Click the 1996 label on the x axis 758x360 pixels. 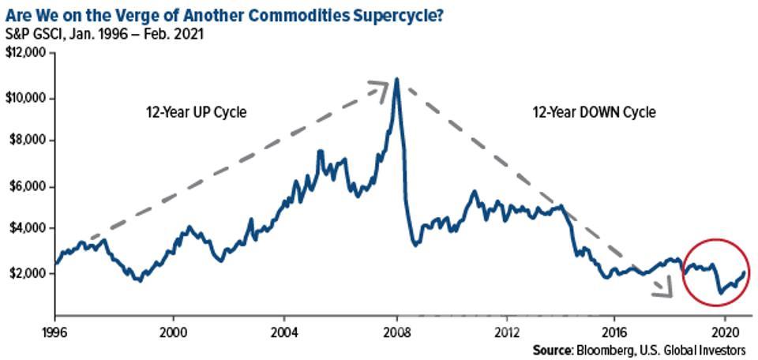point(56,331)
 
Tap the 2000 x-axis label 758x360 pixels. point(173,331)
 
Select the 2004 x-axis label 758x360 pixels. point(286,331)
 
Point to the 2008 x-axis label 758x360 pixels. point(397,331)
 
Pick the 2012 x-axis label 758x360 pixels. point(508,331)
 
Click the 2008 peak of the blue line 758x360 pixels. point(396,79)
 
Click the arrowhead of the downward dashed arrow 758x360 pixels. point(666,293)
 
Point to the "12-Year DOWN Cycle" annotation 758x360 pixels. point(595,112)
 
